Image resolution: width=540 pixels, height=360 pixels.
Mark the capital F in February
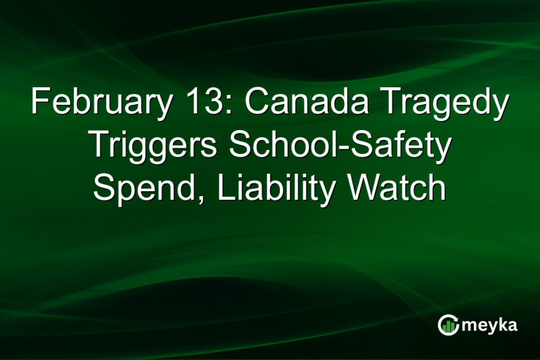click(39, 104)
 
